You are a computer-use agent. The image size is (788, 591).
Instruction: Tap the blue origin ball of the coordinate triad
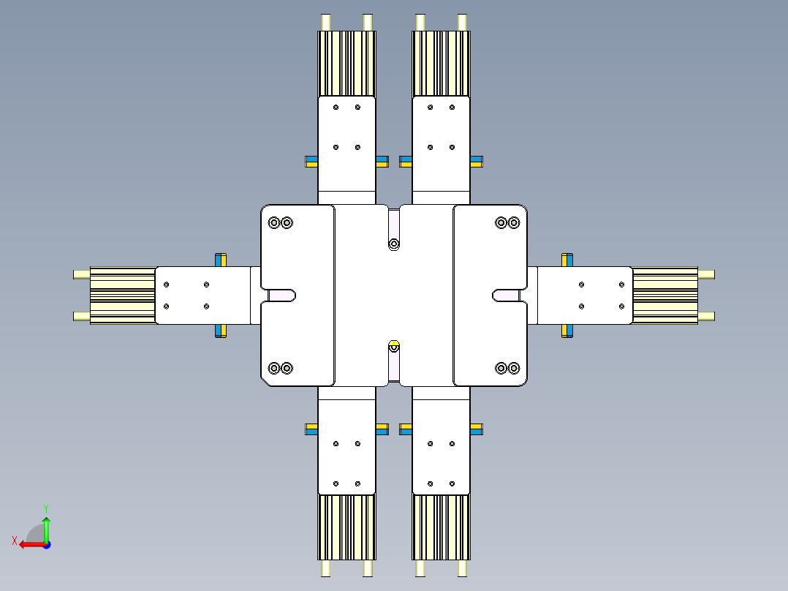tap(46, 544)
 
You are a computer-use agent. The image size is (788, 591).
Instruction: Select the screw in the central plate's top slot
tap(394, 243)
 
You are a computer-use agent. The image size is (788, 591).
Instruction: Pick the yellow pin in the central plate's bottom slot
tap(394, 345)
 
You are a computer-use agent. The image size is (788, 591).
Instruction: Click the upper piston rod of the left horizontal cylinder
tap(81, 274)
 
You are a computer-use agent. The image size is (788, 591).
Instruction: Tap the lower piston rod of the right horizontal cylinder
tap(706, 317)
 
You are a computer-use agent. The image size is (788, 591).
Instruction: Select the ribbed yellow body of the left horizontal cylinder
tap(123, 295)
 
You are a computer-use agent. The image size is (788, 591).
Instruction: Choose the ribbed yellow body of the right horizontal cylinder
tap(664, 295)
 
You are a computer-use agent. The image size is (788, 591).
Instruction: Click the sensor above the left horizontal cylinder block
tap(221, 260)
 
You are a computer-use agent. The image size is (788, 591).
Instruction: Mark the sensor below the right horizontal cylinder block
tap(567, 331)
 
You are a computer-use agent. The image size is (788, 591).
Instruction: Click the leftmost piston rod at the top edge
tap(326, 23)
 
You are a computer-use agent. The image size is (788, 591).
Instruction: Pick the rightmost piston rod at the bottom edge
tap(462, 568)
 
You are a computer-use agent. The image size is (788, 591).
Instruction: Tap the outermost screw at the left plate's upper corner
tap(275, 222)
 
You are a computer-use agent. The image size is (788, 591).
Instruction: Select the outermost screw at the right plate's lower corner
tap(514, 367)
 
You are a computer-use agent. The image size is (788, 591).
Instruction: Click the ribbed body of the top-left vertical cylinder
tap(346, 64)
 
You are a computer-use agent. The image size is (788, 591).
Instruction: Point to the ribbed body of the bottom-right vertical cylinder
tap(441, 527)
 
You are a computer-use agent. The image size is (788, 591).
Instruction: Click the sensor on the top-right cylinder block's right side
tap(477, 161)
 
